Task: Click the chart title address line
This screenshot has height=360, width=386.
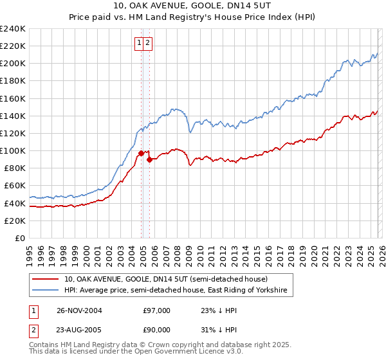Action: (x=192, y=6)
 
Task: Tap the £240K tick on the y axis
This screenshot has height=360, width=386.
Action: (x=13, y=29)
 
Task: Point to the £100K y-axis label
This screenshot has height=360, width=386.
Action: (x=13, y=150)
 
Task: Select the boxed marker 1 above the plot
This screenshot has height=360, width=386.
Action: (x=139, y=43)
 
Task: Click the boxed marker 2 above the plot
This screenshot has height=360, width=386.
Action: (x=147, y=43)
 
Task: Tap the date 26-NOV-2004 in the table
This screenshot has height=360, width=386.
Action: (x=79, y=310)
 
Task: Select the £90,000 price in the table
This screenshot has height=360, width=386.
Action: (x=156, y=330)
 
